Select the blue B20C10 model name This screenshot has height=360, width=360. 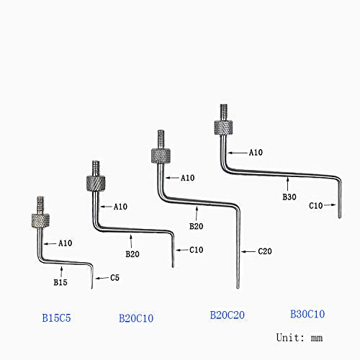(x=136, y=317)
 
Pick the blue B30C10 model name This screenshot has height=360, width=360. (x=307, y=314)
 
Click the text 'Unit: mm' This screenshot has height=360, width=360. (x=300, y=337)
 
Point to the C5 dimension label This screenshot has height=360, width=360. (x=116, y=278)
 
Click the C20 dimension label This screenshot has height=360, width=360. (x=266, y=252)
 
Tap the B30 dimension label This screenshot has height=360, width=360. (x=289, y=195)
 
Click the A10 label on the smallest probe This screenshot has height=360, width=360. (x=66, y=243)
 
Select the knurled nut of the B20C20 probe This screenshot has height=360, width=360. (x=159, y=156)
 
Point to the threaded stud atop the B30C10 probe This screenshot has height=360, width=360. (x=222, y=112)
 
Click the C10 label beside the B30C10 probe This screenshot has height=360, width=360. (x=317, y=205)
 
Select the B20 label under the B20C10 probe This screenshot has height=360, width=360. (x=132, y=253)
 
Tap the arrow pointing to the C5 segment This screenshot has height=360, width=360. (x=102, y=278)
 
